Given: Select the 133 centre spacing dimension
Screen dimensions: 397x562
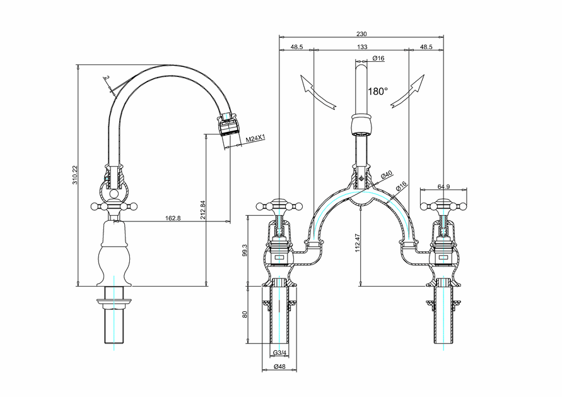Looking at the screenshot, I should click(x=362, y=47).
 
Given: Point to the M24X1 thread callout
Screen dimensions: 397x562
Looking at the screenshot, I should click(x=255, y=138).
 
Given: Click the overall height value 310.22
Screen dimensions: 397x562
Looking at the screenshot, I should click(x=74, y=175).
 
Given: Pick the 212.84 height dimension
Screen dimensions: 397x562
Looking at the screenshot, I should click(x=202, y=210).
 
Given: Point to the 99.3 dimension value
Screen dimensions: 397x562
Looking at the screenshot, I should click(x=244, y=251).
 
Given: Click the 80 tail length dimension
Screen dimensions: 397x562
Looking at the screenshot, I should click(x=244, y=314).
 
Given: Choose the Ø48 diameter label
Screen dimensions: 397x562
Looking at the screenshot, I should click(x=279, y=366).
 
